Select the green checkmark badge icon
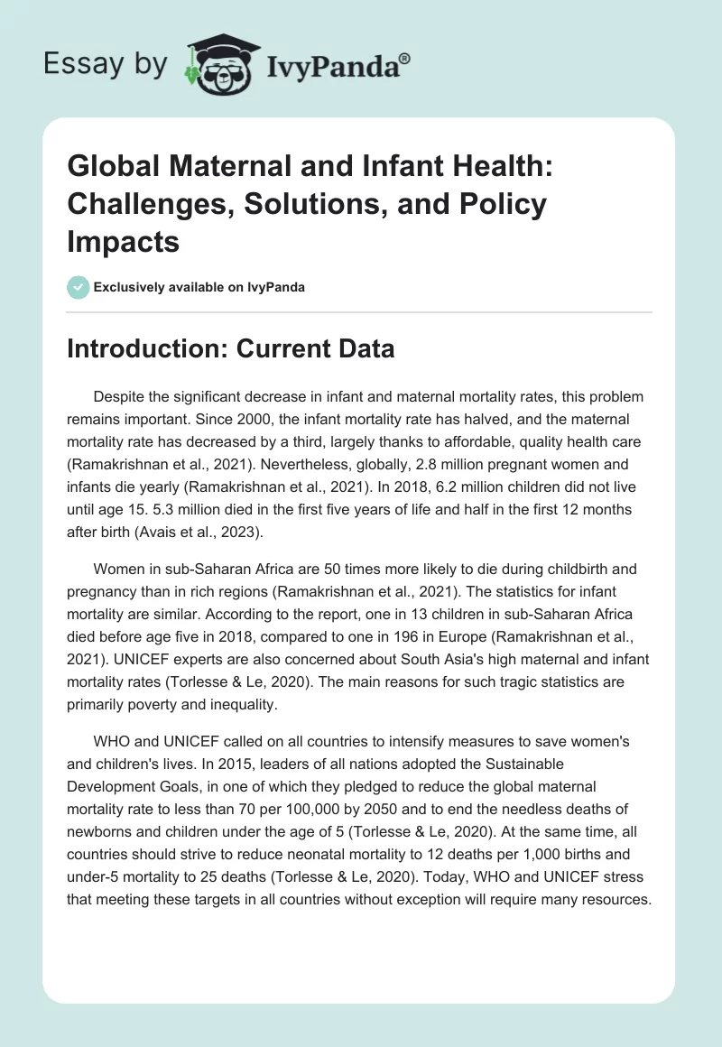(78, 286)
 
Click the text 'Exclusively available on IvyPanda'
(199, 287)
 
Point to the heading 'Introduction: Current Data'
(230, 348)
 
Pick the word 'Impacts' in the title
(123, 241)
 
